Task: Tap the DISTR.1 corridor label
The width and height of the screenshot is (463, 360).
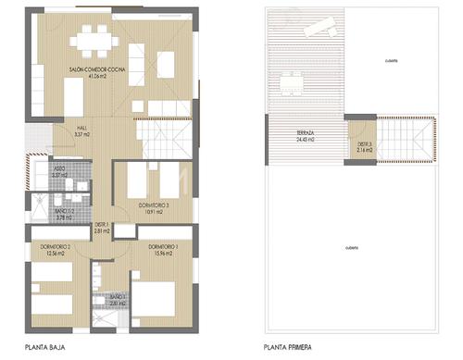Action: point(103,225)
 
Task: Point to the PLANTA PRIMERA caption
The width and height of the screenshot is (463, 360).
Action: point(285,348)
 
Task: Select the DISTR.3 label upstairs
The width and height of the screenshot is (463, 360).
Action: point(366,143)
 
